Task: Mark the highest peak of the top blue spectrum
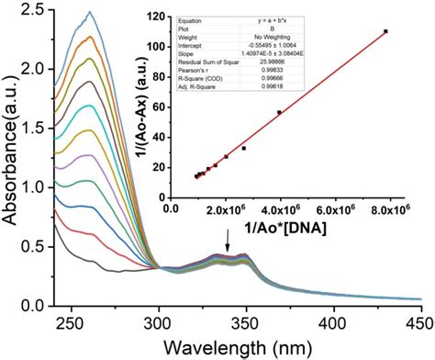pos(90,13)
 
